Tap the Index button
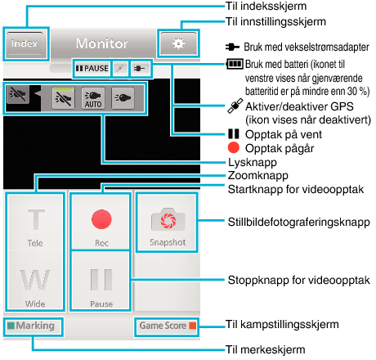pyautogui.click(x=25, y=43)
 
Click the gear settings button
pyautogui.click(x=178, y=43)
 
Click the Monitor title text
pyautogui.click(x=102, y=43)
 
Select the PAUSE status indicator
pyautogui.click(x=92, y=68)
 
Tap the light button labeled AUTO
pyautogui.click(x=93, y=98)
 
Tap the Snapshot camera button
pyautogui.click(x=167, y=223)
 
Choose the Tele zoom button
pyautogui.click(x=35, y=223)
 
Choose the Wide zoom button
pyautogui.click(x=35, y=281)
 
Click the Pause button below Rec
pyautogui.click(x=101, y=281)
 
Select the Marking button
pyautogui.click(x=34, y=326)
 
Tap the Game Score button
pyautogui.click(x=167, y=326)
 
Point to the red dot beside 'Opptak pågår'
pyautogui.click(x=234, y=148)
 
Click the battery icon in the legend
pyautogui.click(x=235, y=65)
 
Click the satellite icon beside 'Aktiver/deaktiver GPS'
pyautogui.click(x=235, y=106)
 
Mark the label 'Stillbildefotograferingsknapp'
pyautogui.click(x=299, y=223)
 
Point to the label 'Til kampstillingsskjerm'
pyautogui.click(x=282, y=325)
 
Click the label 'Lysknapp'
pyautogui.click(x=253, y=163)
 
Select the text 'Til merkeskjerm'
pyautogui.click(x=266, y=349)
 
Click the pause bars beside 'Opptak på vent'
pyautogui.click(x=234, y=134)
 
